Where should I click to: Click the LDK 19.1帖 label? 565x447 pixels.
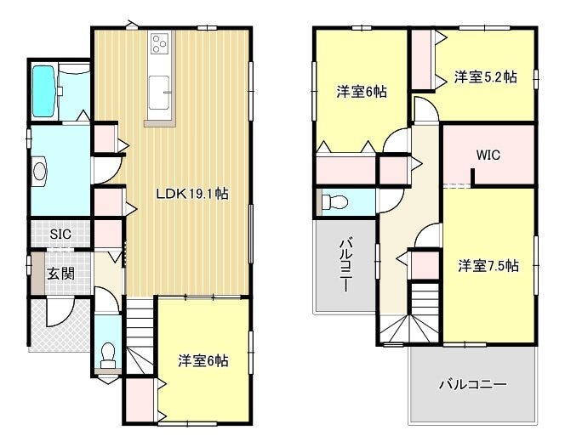point(192,195)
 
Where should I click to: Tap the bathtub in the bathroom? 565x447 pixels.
point(43,91)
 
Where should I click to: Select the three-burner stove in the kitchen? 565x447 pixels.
point(160,43)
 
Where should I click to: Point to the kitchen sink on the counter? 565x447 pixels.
point(159,92)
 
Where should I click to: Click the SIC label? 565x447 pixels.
point(60,235)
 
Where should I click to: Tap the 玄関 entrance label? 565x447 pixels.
point(61,274)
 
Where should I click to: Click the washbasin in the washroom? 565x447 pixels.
point(38,171)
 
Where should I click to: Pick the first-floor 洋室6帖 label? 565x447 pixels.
point(203,360)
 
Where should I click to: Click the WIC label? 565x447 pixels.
point(488,156)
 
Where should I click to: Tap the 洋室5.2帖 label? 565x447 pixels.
point(485,76)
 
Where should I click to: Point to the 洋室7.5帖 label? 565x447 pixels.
point(488,266)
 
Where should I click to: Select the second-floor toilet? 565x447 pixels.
point(334,202)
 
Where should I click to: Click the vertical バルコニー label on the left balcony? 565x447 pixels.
point(345,264)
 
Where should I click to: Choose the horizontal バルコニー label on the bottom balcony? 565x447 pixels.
point(473,385)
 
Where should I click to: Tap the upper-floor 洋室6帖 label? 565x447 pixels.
point(362,92)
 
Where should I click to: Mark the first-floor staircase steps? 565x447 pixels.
point(140,337)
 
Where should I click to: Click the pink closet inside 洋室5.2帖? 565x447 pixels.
point(421,59)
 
